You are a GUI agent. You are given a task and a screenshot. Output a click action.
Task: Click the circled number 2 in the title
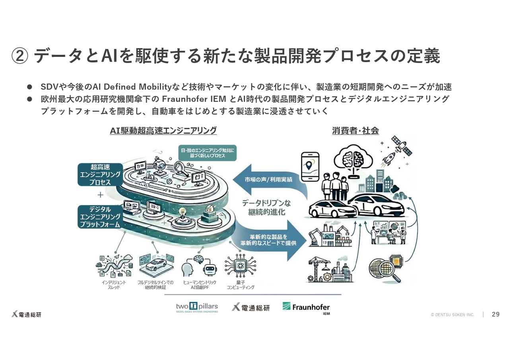(x=19, y=56)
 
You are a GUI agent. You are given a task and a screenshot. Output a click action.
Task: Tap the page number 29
(x=495, y=314)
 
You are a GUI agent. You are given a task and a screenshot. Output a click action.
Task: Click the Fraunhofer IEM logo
(x=306, y=307)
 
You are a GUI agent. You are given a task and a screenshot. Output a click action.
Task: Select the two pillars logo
(x=197, y=307)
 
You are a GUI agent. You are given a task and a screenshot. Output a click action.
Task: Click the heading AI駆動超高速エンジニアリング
(x=163, y=130)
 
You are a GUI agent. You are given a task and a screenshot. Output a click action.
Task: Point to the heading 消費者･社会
(x=355, y=130)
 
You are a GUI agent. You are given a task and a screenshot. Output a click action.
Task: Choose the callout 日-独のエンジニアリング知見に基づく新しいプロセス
(x=208, y=153)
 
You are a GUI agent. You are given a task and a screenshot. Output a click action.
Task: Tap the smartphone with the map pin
(x=310, y=167)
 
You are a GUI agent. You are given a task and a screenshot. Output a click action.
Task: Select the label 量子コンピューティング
(x=240, y=284)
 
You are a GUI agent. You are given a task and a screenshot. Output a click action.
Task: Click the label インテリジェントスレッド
(x=114, y=284)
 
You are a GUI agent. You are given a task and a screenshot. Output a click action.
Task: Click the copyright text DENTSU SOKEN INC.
(x=453, y=315)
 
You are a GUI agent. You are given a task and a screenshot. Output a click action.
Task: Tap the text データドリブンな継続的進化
(x=266, y=207)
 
